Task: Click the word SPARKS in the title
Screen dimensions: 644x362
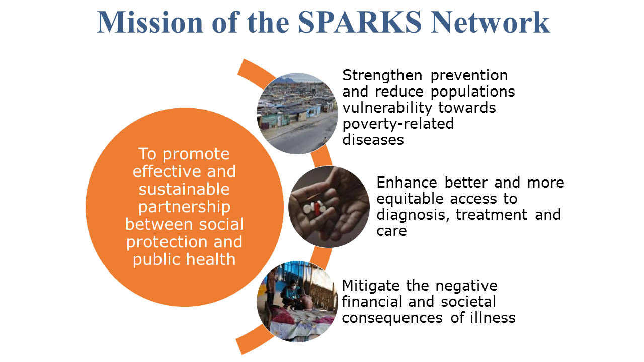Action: [360, 23]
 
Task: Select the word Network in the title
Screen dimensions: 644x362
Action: [490, 23]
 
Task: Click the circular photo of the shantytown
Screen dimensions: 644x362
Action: [297, 114]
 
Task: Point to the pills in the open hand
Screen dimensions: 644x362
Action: [314, 208]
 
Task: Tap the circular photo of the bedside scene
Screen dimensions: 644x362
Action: [297, 301]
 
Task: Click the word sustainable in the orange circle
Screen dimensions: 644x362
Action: [184, 190]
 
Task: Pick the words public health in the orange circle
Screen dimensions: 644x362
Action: [184, 260]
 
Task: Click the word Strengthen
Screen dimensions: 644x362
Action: [382, 75]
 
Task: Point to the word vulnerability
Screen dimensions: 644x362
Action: [387, 108]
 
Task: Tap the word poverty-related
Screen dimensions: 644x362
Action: [398, 124]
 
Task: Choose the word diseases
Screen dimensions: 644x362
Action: [373, 140]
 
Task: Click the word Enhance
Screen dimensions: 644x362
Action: [407, 183]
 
